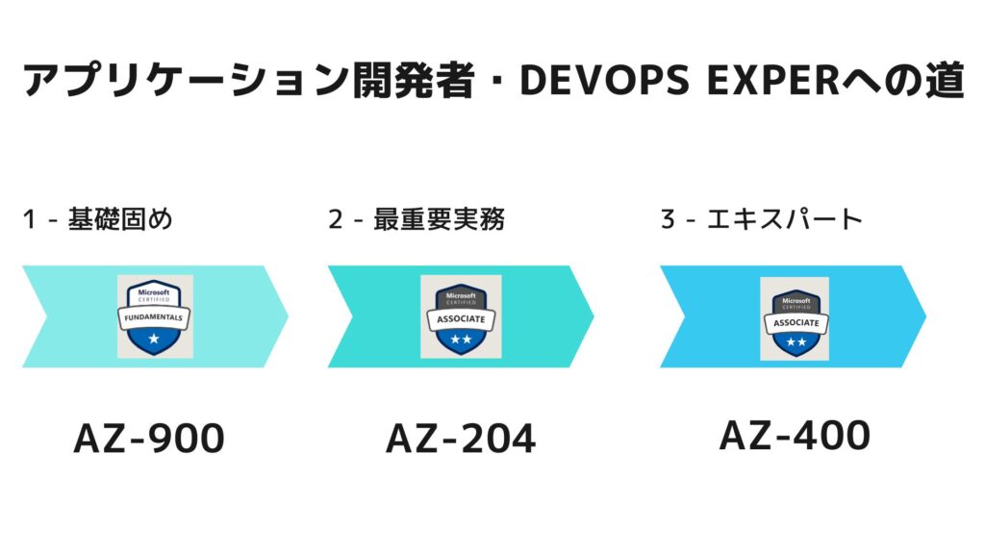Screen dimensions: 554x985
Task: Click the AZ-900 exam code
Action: [x=149, y=439]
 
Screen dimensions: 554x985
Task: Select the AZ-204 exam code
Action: [x=461, y=439]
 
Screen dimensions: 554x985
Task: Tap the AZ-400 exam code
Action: [x=795, y=435]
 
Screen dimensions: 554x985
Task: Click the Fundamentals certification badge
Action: [x=155, y=316]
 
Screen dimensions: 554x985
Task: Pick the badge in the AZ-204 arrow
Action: [x=461, y=316]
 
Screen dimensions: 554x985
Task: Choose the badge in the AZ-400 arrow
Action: [x=795, y=317]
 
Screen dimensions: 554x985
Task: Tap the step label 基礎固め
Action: [x=121, y=219]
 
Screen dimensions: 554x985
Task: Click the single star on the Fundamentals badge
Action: [x=155, y=340]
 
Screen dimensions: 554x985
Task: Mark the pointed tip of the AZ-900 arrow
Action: [x=287, y=316]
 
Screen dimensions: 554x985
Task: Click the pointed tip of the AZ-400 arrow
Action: [x=924, y=316]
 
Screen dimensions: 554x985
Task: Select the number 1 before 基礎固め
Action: [x=30, y=220]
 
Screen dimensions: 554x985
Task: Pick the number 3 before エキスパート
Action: [x=668, y=220]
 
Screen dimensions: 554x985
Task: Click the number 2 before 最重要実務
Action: [x=335, y=220]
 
